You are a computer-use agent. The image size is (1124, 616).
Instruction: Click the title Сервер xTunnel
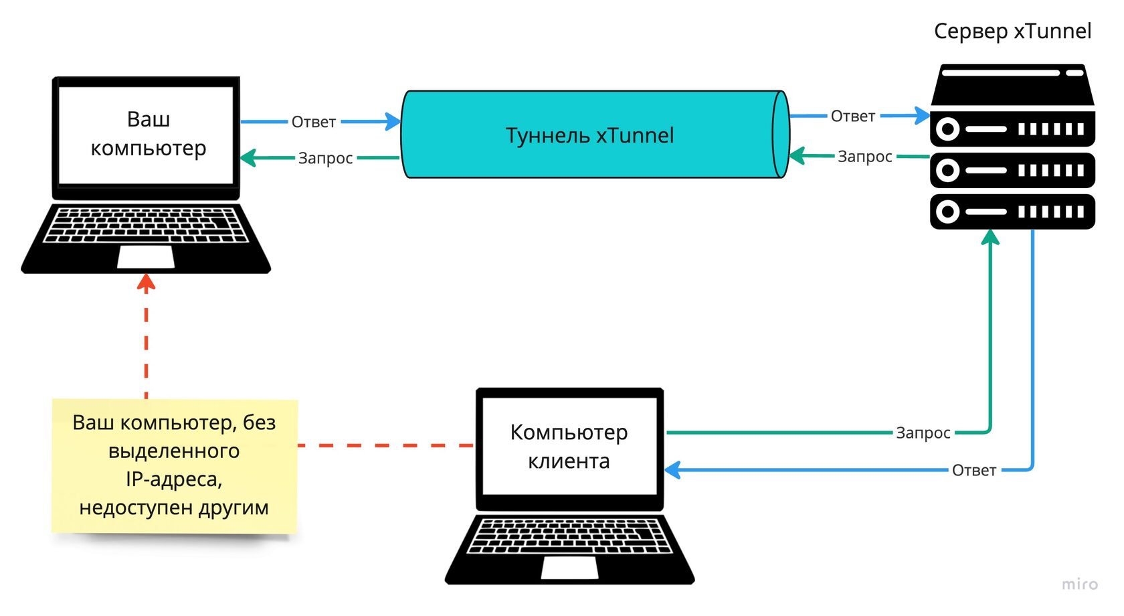[x=1012, y=31]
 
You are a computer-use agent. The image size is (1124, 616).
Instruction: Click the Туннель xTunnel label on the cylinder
[x=589, y=135]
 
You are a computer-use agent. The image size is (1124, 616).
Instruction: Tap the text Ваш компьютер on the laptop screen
[x=148, y=133]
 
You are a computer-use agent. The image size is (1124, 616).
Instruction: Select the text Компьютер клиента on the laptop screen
[x=569, y=447]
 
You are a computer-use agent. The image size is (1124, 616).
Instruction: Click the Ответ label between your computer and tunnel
[x=313, y=122]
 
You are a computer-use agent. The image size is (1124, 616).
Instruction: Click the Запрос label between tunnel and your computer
[x=325, y=158]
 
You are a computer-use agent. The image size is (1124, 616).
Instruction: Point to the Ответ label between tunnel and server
[x=852, y=117]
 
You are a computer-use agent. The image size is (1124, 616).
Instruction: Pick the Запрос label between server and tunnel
[x=864, y=157]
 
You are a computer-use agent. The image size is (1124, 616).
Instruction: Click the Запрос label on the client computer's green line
[x=923, y=433]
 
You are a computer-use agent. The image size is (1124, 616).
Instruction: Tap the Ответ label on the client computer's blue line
[x=973, y=471]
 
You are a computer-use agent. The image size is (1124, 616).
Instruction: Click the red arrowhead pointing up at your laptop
[x=146, y=283]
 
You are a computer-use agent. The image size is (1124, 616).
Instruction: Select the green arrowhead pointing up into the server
[x=990, y=237]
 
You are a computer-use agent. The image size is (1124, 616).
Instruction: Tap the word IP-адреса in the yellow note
[x=174, y=479]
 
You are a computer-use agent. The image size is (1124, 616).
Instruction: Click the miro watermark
[x=1079, y=585]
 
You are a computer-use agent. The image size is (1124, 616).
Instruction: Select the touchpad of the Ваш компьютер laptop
[x=146, y=257]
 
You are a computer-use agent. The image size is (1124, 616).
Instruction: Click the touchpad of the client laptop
[x=569, y=568]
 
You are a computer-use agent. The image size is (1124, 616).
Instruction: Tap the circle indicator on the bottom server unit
[x=947, y=212]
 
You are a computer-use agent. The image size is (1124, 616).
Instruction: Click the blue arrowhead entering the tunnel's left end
[x=393, y=122]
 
